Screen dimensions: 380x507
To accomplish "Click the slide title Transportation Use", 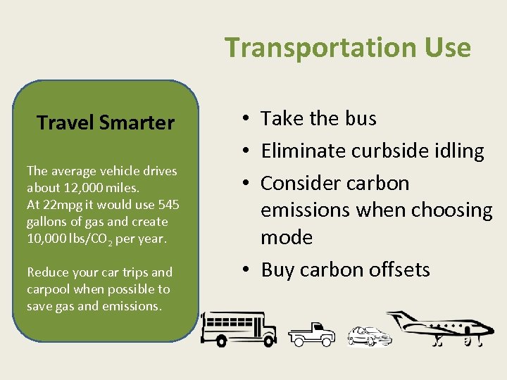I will (x=348, y=48).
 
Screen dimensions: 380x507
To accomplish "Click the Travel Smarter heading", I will (x=106, y=123).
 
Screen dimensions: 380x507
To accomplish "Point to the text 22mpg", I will (x=59, y=205).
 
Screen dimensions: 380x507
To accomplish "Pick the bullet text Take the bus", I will (x=318, y=119).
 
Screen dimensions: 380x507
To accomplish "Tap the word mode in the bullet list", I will (x=287, y=237).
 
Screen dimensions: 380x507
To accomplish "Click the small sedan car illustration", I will (x=369, y=336).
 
